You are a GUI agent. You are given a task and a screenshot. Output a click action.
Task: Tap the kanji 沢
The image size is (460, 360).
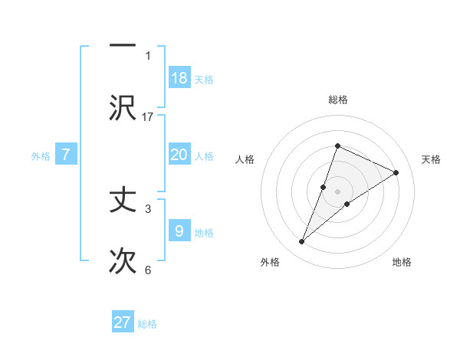point(123,107)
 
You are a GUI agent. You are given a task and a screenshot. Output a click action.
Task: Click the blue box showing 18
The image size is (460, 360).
point(179,78)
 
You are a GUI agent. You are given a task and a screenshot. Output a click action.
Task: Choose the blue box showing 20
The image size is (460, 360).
point(179,155)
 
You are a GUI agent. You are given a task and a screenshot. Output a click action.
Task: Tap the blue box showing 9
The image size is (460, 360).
point(179,231)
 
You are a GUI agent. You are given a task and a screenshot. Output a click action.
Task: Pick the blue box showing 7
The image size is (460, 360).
point(66,155)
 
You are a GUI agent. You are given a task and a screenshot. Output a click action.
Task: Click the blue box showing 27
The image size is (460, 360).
point(123,322)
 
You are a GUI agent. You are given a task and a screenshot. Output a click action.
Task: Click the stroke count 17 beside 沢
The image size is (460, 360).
point(148,116)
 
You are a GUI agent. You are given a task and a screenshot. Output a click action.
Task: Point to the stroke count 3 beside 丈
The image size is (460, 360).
point(148,208)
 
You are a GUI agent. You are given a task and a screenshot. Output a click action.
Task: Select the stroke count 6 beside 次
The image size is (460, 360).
point(148,270)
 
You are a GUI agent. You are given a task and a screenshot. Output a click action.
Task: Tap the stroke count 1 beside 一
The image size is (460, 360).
point(148,55)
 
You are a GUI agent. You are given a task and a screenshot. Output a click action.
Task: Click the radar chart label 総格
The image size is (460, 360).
point(337,100)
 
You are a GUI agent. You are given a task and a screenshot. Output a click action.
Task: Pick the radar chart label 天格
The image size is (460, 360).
point(432,159)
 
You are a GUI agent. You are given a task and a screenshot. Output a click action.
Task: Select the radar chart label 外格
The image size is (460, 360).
point(270,262)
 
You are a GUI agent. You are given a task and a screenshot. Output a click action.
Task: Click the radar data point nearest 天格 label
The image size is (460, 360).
point(396,172)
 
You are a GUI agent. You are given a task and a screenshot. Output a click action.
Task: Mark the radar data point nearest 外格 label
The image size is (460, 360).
point(301,242)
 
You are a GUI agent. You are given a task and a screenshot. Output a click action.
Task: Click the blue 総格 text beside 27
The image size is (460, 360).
point(147,324)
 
